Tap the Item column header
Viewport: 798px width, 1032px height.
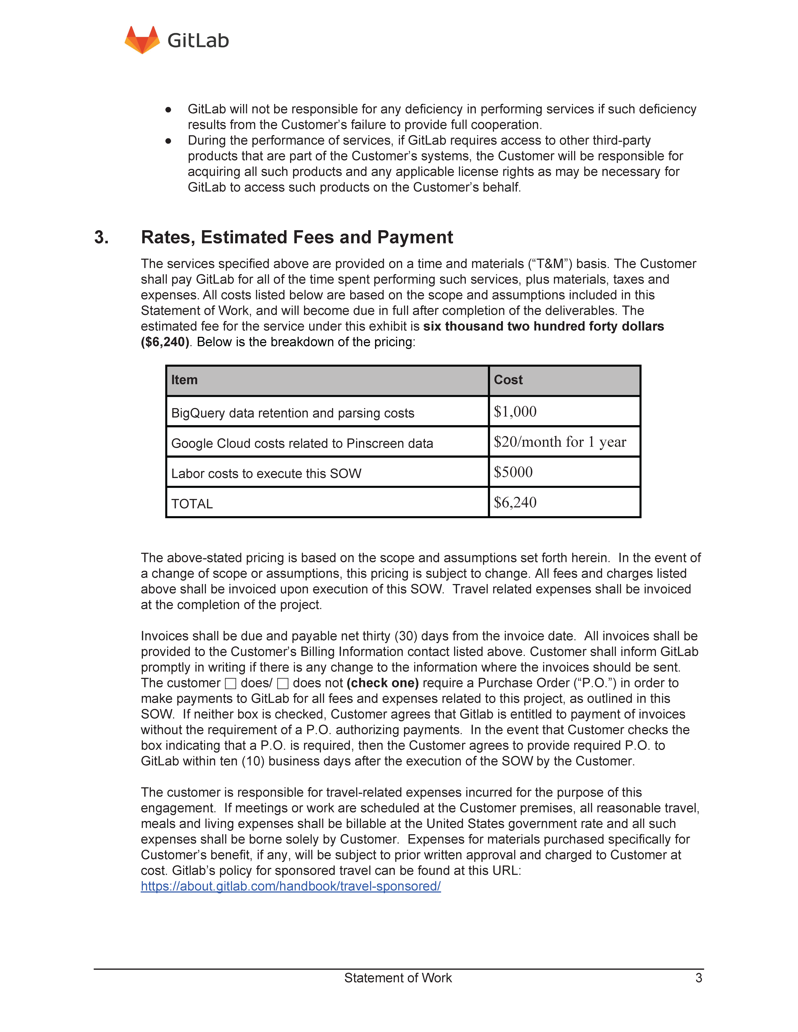click(184, 380)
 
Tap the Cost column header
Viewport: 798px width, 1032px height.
click(508, 380)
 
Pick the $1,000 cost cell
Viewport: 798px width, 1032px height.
click(515, 412)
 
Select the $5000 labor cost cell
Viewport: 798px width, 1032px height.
click(513, 472)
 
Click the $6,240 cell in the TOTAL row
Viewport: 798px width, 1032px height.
click(515, 502)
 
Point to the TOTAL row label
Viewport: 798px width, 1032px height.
click(192, 504)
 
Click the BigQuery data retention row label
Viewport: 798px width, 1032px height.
click(293, 413)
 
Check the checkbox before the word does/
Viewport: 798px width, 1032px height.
click(231, 683)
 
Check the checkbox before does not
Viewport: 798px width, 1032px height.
click(283, 683)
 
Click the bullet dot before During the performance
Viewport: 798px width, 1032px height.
click(168, 141)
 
